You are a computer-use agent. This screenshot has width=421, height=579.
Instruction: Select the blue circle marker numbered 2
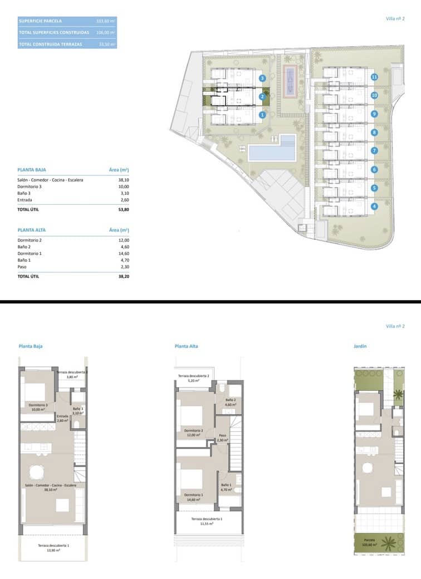pyautogui.click(x=262, y=97)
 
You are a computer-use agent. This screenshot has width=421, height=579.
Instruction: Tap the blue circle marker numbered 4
pyautogui.click(x=374, y=206)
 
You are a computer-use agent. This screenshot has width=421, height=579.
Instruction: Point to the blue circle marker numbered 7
pyautogui.click(x=374, y=150)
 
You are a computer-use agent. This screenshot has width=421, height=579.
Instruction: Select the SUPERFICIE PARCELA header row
pyautogui.click(x=67, y=21)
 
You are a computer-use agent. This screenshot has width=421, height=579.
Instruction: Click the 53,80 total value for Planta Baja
pyautogui.click(x=123, y=210)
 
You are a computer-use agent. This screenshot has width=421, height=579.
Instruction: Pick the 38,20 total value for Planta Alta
pyautogui.click(x=123, y=276)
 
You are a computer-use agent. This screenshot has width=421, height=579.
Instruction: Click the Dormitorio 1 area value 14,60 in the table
pyautogui.click(x=123, y=253)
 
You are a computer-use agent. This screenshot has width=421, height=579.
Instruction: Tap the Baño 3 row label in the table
pyautogui.click(x=26, y=193)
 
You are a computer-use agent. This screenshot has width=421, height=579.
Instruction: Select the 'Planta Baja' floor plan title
pyautogui.click(x=31, y=346)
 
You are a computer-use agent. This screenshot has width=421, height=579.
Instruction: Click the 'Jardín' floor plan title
pyautogui.click(x=360, y=346)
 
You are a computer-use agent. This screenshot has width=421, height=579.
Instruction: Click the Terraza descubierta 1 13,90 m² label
pyautogui.click(x=53, y=548)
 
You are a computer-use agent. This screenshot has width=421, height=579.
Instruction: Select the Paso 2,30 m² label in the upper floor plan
pyautogui.click(x=222, y=438)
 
